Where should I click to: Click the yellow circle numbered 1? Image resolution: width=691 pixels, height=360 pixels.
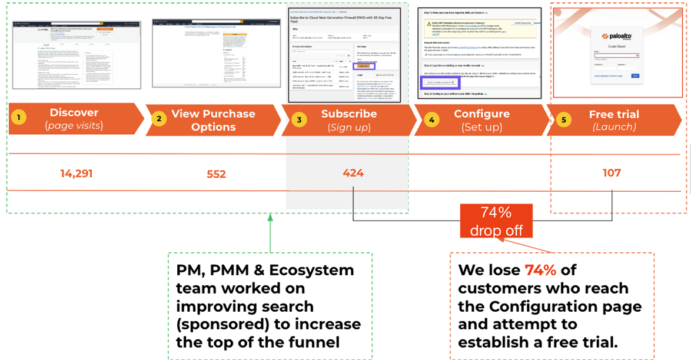18,118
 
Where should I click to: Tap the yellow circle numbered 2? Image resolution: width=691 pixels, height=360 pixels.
158,119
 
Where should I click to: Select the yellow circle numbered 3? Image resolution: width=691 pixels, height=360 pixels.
299,119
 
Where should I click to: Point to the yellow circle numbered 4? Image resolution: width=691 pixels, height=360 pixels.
431,119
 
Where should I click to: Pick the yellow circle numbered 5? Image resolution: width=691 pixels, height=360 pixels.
564,119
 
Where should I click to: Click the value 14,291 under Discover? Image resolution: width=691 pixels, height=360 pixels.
77,173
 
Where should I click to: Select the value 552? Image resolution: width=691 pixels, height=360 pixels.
216,174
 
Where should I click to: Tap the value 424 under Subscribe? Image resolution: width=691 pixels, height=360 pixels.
353,173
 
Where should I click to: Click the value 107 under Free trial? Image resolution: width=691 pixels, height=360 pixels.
612,173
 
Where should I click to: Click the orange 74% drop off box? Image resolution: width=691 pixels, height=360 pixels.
496,220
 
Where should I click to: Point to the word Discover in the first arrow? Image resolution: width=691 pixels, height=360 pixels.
74,112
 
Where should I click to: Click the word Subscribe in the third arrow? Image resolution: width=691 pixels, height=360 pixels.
349,114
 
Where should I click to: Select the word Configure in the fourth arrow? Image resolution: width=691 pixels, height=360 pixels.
481,114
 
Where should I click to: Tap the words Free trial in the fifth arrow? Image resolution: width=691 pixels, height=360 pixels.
614,114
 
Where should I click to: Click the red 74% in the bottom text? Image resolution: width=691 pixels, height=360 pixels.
540,270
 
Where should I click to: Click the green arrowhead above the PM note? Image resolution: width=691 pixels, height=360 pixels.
270,218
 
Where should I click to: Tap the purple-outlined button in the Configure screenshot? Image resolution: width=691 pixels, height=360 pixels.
438,82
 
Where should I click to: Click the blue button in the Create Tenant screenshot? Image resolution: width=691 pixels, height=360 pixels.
635,76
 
